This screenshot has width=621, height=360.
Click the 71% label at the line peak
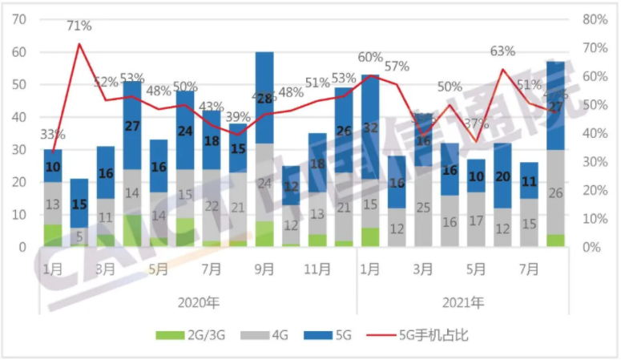pyautogui.click(x=79, y=26)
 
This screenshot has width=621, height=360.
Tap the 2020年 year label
pyautogui.click(x=198, y=303)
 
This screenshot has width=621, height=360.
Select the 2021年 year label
pyautogui.click(x=463, y=303)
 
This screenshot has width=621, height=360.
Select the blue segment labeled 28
pyautogui.click(x=264, y=98)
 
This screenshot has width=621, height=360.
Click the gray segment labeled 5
pyautogui.click(x=79, y=236)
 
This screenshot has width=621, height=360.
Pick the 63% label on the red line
pyautogui.click(x=502, y=51)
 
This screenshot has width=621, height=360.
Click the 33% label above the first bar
pyautogui.click(x=53, y=135)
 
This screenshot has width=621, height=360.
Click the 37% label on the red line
pyautogui.click(x=475, y=123)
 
